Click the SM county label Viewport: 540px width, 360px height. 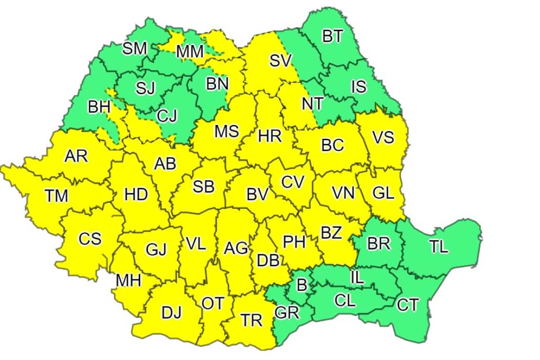click(x=135, y=48)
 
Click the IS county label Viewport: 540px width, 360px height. click(x=359, y=87)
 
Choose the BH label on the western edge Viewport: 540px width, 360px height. click(x=99, y=107)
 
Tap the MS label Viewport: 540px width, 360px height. click(x=226, y=131)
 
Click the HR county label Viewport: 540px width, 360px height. click(x=270, y=136)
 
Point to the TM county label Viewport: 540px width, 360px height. click(x=57, y=195)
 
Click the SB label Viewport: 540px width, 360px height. click(x=203, y=187)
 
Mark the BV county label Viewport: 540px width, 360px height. click(x=258, y=194)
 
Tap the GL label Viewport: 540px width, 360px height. click(x=383, y=193)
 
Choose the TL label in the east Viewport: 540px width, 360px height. click(x=439, y=246)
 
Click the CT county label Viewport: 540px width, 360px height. click(x=407, y=306)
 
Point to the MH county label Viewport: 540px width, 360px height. click(x=128, y=280)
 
